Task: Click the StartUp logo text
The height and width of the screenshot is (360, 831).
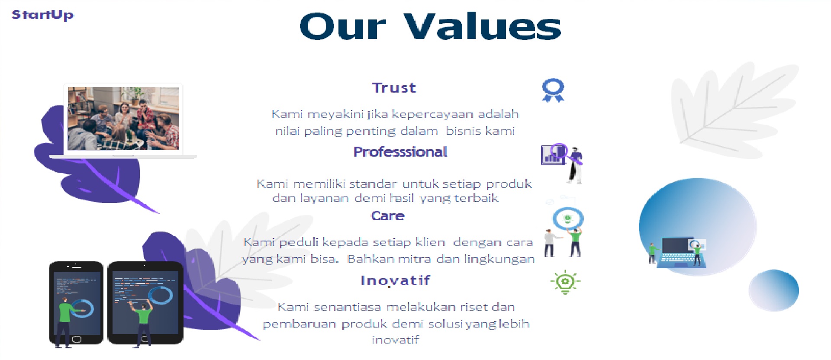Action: [42, 15]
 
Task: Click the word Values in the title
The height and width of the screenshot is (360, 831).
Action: [483, 27]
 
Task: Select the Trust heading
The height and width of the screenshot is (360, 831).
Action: [394, 88]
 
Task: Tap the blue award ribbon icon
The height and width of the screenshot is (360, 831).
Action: [553, 90]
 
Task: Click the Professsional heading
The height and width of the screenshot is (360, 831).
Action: [400, 152]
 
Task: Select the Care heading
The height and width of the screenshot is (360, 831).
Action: [387, 216]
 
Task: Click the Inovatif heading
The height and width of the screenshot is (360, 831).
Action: [395, 280]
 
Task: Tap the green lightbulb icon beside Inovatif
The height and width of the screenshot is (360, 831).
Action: [565, 282]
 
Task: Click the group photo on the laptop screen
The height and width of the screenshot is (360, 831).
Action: [123, 118]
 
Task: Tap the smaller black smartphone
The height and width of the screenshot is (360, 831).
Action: [76, 302]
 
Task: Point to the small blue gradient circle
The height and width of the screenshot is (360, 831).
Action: [773, 290]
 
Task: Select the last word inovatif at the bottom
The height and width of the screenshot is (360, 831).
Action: [395, 340]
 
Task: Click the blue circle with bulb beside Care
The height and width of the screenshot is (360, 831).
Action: [567, 219]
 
